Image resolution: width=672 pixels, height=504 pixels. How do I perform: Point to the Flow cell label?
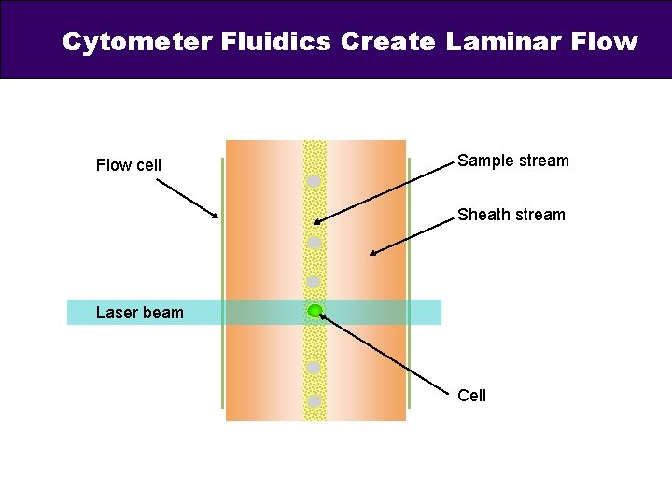(129, 165)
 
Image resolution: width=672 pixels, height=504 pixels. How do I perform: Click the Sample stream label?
(512, 161)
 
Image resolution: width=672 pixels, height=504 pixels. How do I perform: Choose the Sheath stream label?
(511, 215)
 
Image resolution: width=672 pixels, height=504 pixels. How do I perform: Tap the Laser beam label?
(140, 313)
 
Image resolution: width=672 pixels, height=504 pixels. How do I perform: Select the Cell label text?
(471, 396)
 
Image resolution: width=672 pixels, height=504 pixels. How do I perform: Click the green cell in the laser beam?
(315, 311)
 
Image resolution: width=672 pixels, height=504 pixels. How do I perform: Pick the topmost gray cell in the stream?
(315, 181)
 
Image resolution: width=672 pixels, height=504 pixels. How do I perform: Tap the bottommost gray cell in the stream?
(315, 401)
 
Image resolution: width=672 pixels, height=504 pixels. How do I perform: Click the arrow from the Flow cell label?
(187, 198)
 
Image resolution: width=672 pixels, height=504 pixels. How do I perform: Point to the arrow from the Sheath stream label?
(411, 234)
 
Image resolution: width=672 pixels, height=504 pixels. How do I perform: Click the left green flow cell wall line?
(222, 280)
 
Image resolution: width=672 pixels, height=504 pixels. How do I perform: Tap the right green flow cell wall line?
(410, 280)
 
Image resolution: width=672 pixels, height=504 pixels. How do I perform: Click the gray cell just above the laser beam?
(314, 281)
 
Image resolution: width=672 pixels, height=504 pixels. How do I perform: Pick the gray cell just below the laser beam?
(315, 368)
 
